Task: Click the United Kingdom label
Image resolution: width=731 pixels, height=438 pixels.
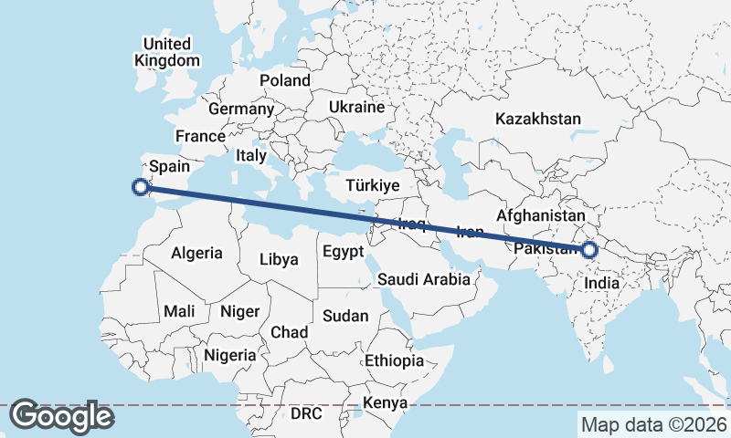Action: (166, 52)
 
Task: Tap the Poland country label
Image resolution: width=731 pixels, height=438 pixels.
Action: (285, 80)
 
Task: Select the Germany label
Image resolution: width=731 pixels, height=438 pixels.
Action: (241, 109)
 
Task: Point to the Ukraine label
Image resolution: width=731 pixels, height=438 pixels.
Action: (356, 107)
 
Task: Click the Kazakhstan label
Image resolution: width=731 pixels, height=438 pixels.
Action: (538, 119)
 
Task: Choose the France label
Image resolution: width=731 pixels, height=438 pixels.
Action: (200, 136)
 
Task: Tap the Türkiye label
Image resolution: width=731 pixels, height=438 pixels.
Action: (373, 185)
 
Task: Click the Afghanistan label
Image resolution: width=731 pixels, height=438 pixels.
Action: (540, 216)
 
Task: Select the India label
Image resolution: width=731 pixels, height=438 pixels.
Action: (601, 283)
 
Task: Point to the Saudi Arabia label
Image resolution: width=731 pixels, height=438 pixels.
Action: (424, 279)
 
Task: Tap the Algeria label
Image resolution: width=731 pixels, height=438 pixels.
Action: (196, 253)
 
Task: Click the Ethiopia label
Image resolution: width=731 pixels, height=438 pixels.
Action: (394, 360)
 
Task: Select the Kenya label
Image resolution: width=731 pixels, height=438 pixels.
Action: (385, 402)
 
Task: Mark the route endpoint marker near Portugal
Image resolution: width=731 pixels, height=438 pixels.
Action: (141, 187)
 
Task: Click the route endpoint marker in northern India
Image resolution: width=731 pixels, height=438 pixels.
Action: (589, 249)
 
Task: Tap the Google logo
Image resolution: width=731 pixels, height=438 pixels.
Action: (61, 416)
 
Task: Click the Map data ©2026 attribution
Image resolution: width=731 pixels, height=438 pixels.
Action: (653, 424)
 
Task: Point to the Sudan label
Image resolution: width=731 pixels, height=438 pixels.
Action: (346, 316)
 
